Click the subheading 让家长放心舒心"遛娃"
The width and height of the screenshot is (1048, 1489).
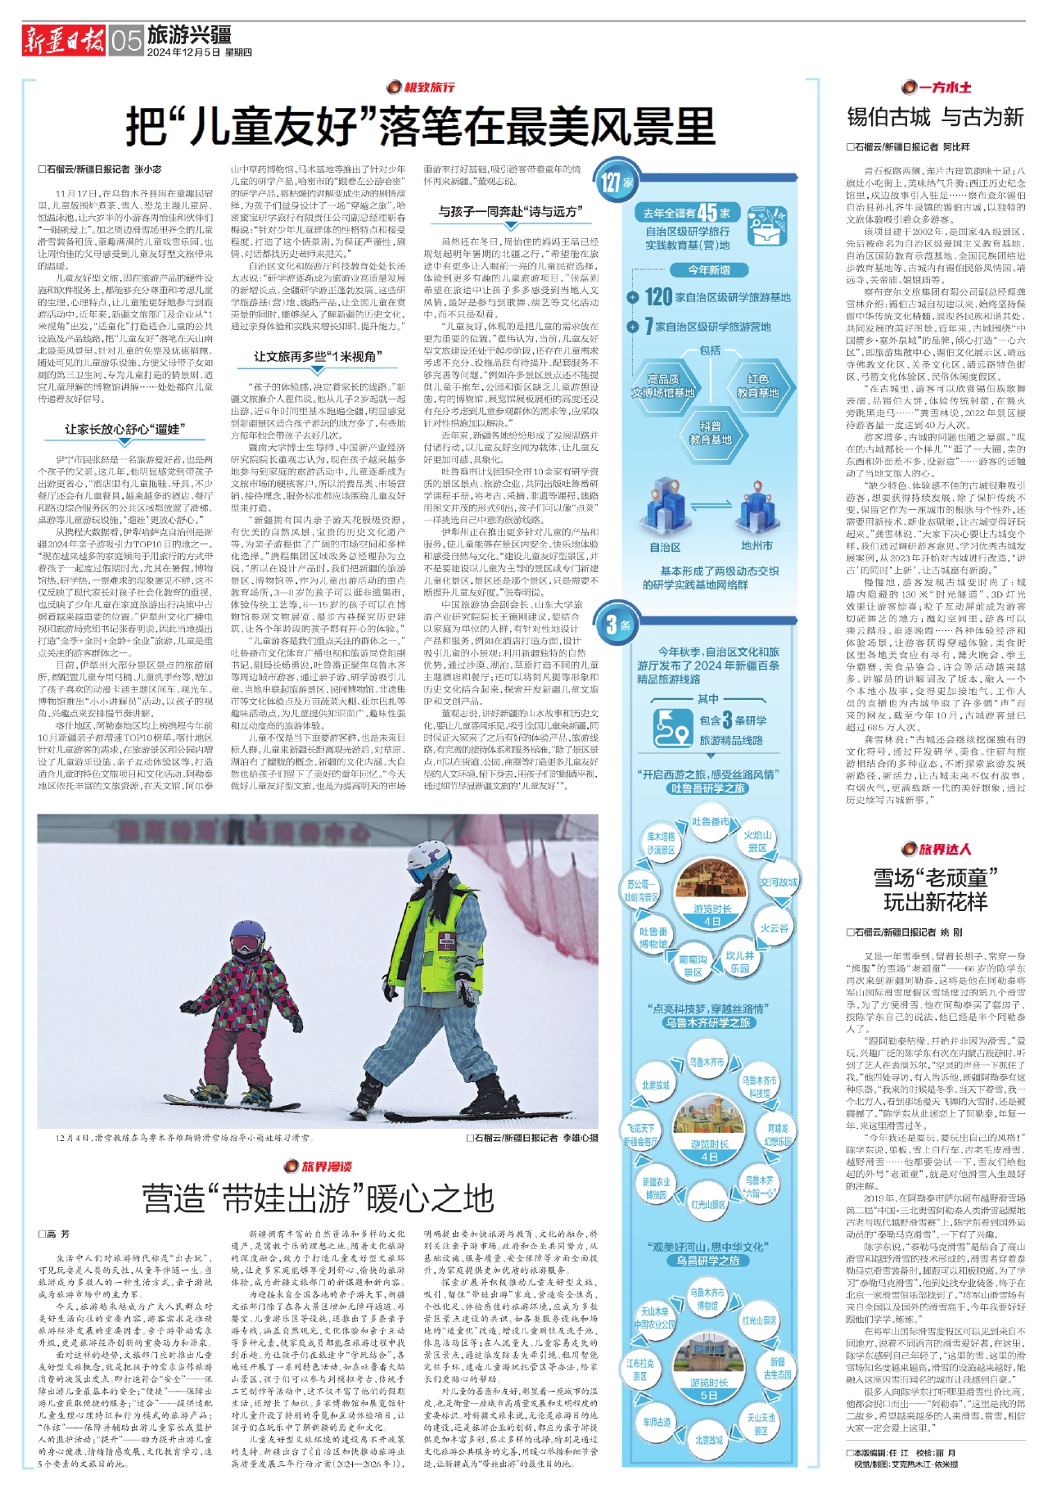pos(125,429)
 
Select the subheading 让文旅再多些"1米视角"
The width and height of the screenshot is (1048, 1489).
pos(316,357)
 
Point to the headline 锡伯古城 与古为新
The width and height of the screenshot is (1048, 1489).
pos(935,117)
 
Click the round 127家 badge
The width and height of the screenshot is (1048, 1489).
pos(616,182)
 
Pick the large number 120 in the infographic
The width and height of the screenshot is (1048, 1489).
pos(658,297)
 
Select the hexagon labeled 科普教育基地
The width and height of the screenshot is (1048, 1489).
pos(710,432)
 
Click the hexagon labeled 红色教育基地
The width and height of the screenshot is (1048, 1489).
pos(757,386)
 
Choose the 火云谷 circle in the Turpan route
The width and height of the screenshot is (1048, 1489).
pos(774,928)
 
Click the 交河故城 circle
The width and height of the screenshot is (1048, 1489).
pos(778,882)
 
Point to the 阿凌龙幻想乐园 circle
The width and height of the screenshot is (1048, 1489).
pos(778,1135)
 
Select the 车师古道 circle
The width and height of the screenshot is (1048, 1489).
pos(657,1422)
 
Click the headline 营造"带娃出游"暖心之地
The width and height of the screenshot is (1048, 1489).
pos(318,1198)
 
